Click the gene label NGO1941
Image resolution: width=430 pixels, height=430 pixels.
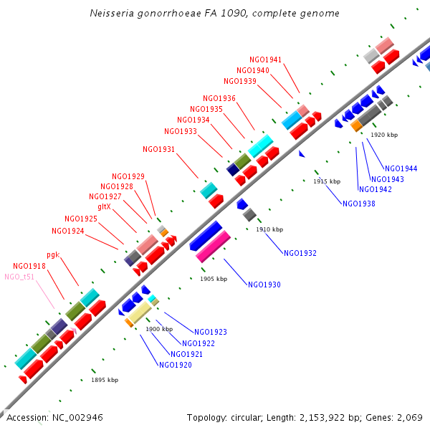tap(266, 59)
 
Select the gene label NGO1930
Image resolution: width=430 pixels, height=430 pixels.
tap(264, 285)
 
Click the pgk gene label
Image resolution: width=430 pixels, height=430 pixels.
tap(53, 254)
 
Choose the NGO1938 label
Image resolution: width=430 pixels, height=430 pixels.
tap(359, 204)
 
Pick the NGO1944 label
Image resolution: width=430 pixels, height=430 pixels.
tap(401, 168)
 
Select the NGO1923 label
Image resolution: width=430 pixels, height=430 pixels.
tap(211, 332)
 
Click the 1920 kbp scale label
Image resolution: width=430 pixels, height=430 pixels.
tap(384, 135)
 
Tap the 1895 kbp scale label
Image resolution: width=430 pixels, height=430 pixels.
tap(105, 380)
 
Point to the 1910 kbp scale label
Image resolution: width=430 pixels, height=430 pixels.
tap(269, 229)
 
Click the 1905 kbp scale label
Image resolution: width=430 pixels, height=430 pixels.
tap(214, 279)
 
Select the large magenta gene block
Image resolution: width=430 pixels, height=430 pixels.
tap(213, 246)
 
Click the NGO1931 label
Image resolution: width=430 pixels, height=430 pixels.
tap(159, 149)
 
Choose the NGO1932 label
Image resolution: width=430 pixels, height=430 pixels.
tap(300, 253)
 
